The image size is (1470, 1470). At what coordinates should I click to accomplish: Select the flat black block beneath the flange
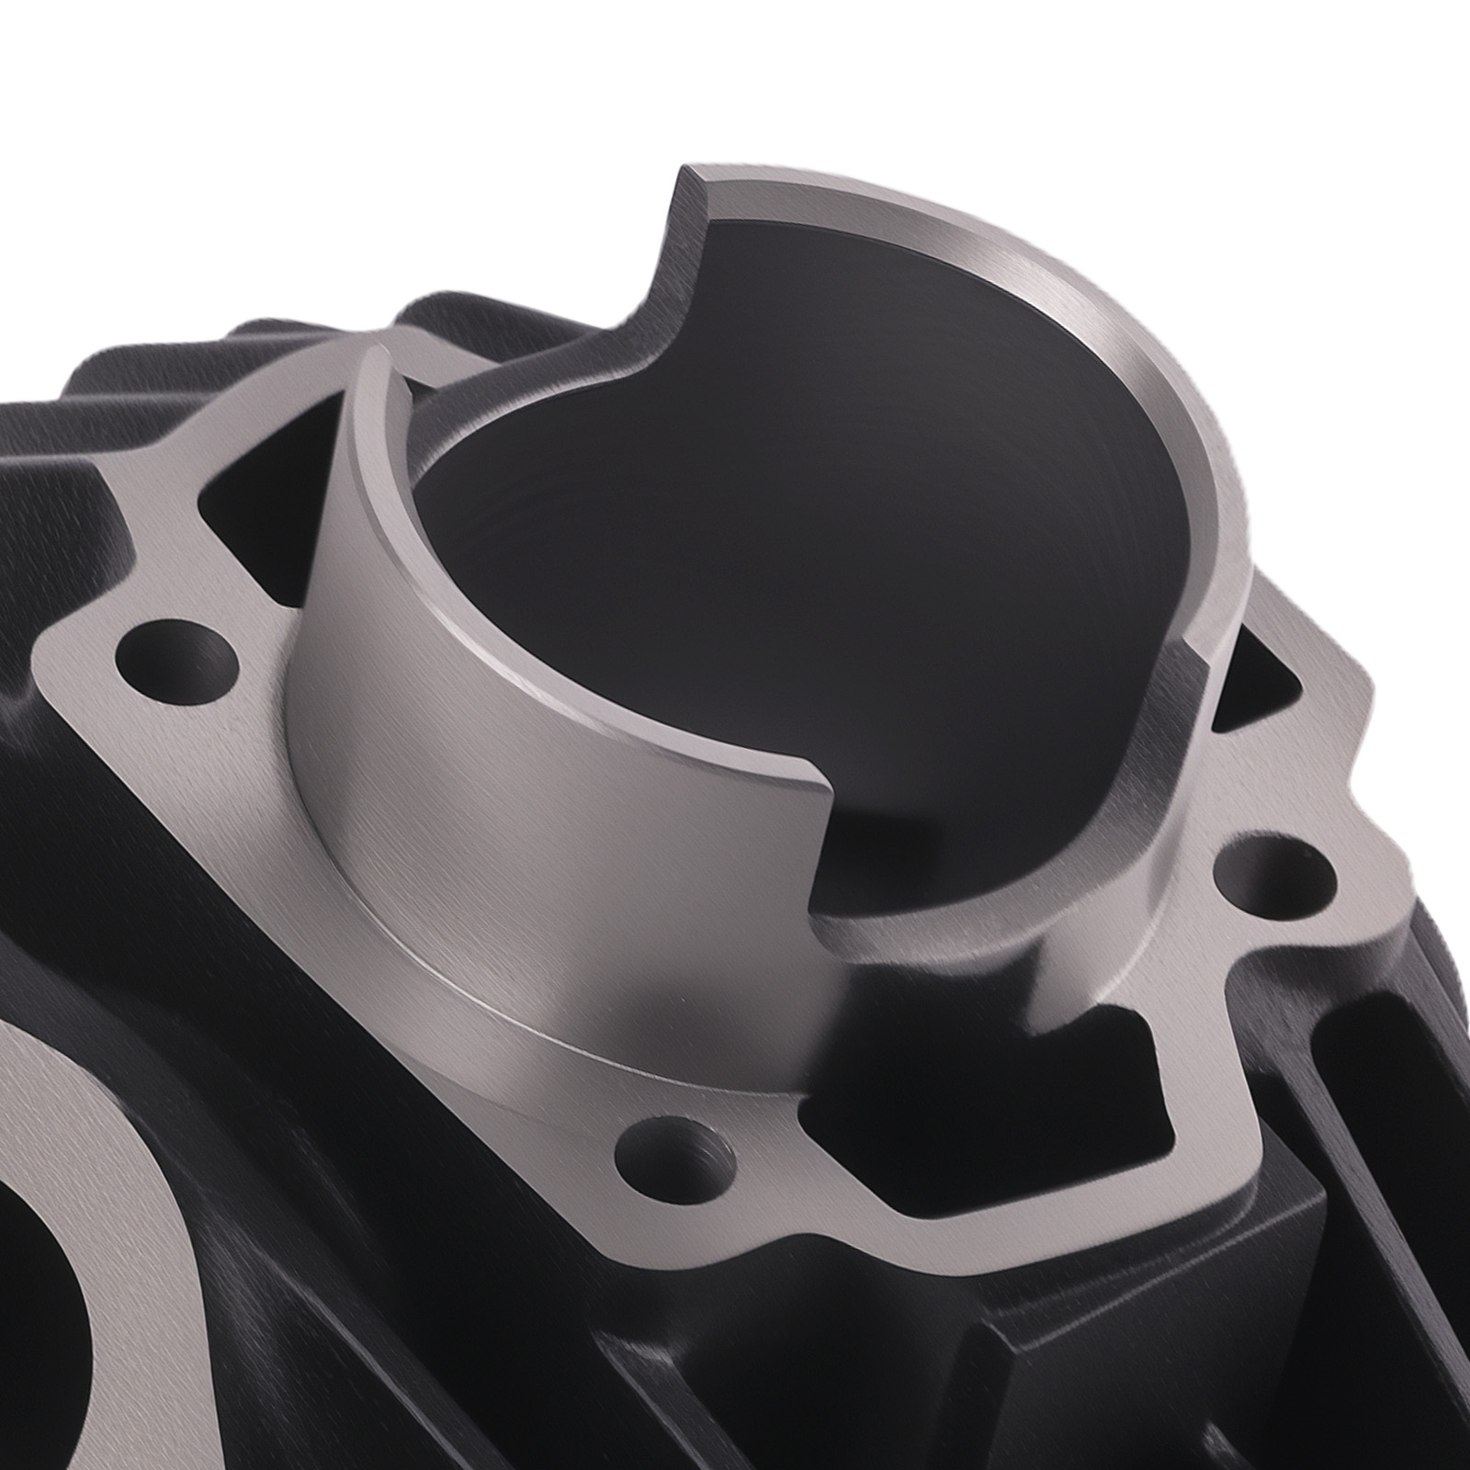coord(1148,1332)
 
